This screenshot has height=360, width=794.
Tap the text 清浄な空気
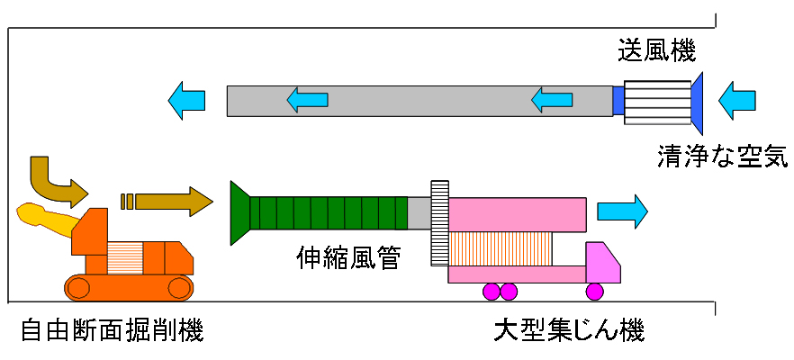(x=723, y=156)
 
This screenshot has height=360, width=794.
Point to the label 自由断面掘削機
(x=113, y=331)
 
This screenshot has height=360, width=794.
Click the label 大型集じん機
(x=569, y=331)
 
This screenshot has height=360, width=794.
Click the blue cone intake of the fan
(x=698, y=103)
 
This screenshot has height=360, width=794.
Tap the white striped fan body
(x=658, y=103)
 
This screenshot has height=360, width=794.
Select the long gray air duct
(x=420, y=102)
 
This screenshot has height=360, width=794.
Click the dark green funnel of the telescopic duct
(x=240, y=212)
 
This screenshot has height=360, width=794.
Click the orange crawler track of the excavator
(x=129, y=288)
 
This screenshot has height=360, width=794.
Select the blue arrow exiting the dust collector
(x=622, y=211)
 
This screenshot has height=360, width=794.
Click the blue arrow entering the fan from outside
(x=736, y=102)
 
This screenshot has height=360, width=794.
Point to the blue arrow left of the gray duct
(x=187, y=101)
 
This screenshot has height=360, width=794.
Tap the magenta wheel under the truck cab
(x=594, y=292)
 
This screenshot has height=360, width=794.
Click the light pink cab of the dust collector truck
(x=602, y=263)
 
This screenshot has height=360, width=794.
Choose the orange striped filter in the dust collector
(x=501, y=248)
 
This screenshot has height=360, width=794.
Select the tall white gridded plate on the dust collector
(x=439, y=223)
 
